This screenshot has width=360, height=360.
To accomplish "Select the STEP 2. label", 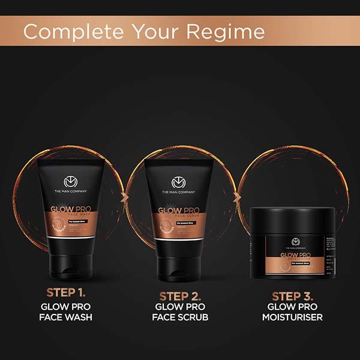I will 180,296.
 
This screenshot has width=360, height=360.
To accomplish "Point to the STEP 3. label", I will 293,296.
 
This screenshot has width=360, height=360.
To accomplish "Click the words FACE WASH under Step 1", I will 66,317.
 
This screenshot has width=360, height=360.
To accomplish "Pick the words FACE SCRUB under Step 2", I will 180,317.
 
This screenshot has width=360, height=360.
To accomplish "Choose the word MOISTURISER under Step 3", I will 293,317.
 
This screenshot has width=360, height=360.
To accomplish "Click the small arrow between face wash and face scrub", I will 124,196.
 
